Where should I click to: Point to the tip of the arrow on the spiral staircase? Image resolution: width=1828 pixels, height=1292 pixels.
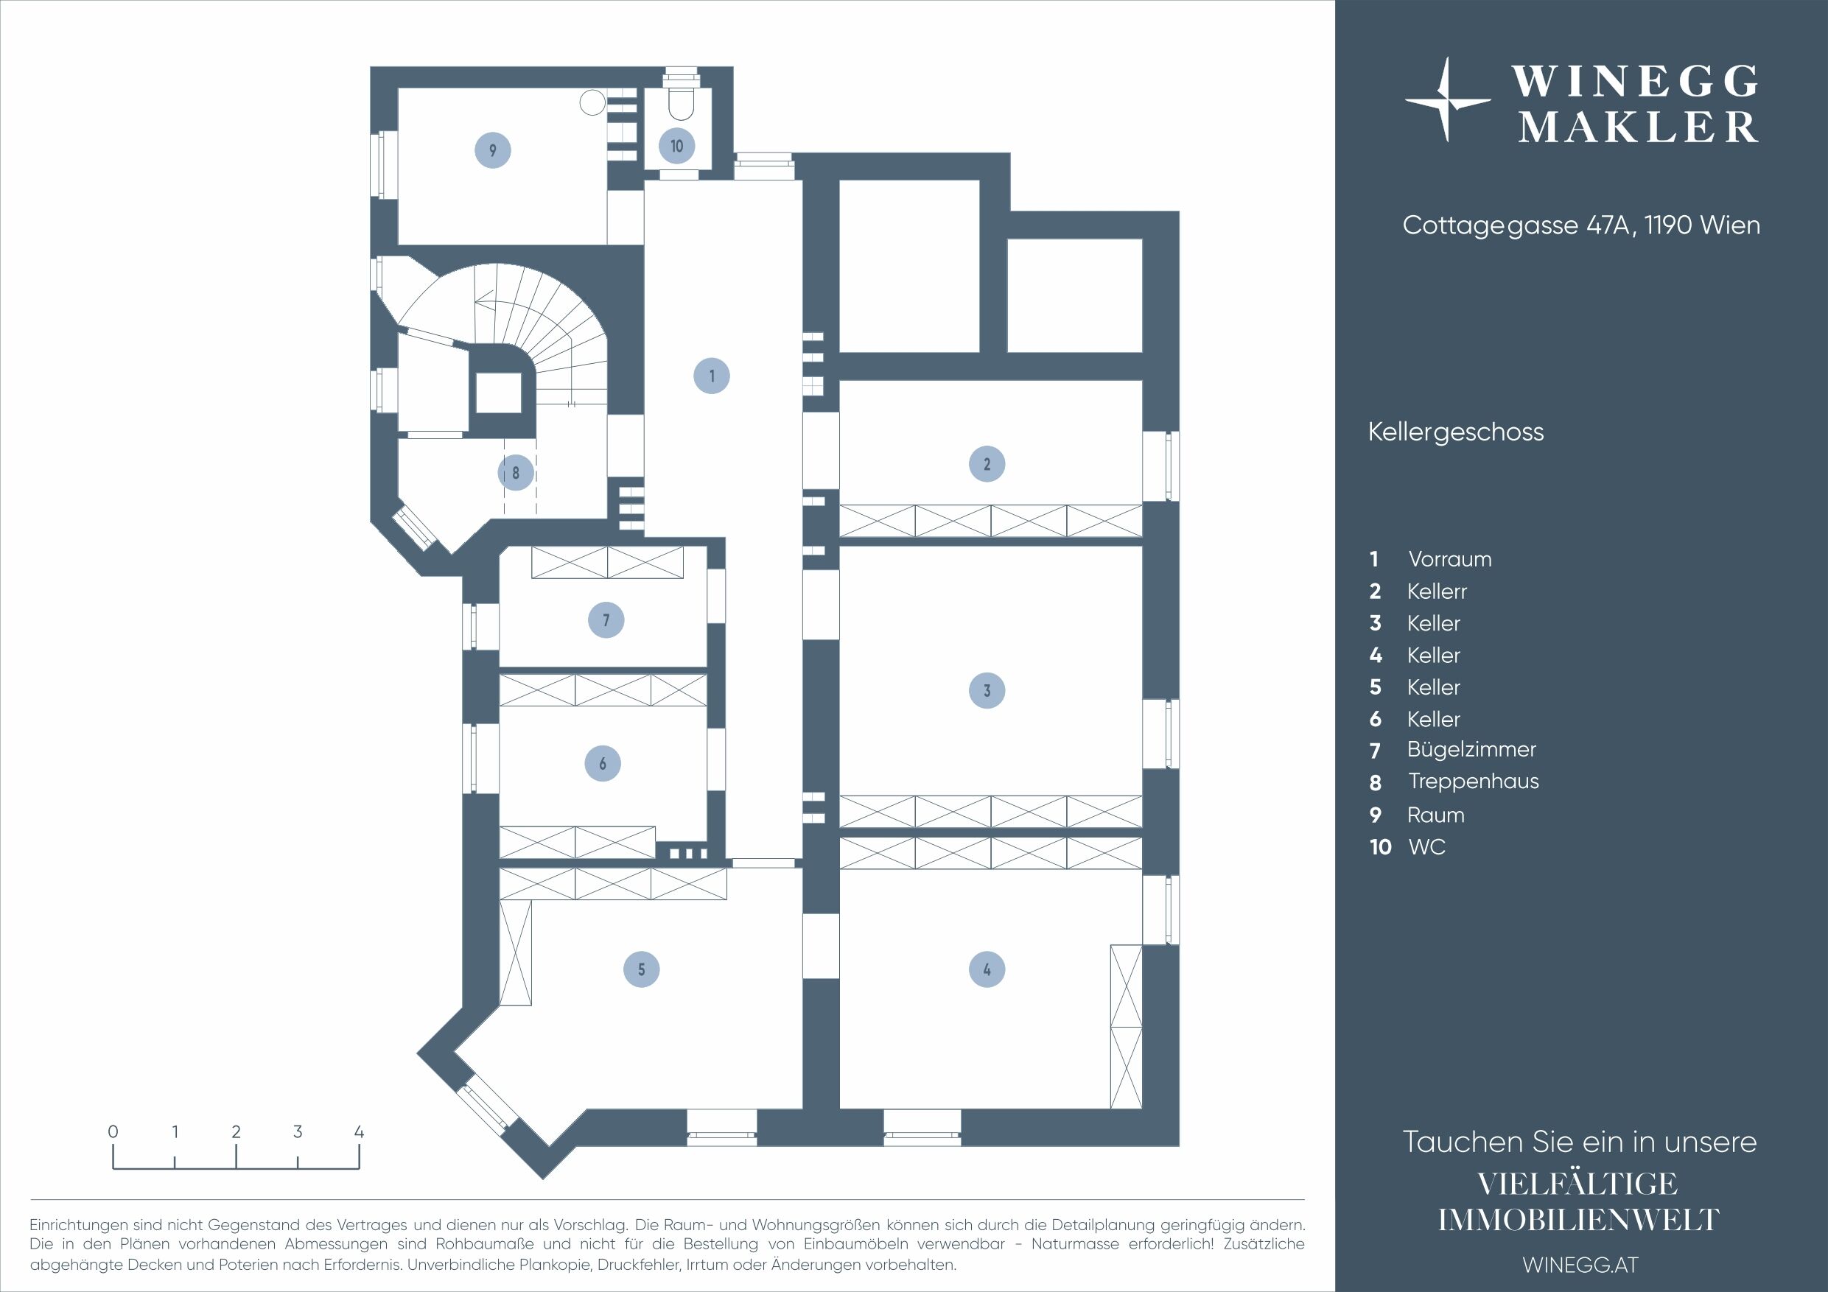(x=475, y=301)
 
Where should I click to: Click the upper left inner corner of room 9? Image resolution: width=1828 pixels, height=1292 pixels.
(x=398, y=88)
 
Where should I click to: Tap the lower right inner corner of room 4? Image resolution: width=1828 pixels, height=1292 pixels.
(x=1142, y=1107)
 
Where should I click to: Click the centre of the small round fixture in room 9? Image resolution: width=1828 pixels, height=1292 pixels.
(x=592, y=102)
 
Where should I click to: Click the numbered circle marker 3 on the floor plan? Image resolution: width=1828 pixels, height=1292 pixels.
(x=987, y=690)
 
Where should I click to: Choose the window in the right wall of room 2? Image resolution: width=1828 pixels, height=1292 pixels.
(x=1160, y=466)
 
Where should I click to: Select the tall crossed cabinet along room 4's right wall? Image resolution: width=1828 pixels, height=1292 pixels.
(x=1126, y=1025)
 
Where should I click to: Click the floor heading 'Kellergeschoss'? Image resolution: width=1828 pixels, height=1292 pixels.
(x=1455, y=432)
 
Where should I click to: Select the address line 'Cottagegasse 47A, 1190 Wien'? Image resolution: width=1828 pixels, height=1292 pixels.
(x=1581, y=225)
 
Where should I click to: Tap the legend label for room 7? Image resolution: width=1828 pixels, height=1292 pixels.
(x=1471, y=750)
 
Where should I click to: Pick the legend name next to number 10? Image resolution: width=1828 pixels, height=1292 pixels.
(x=1426, y=847)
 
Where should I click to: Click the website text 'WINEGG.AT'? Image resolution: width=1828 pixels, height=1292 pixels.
(x=1580, y=1265)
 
